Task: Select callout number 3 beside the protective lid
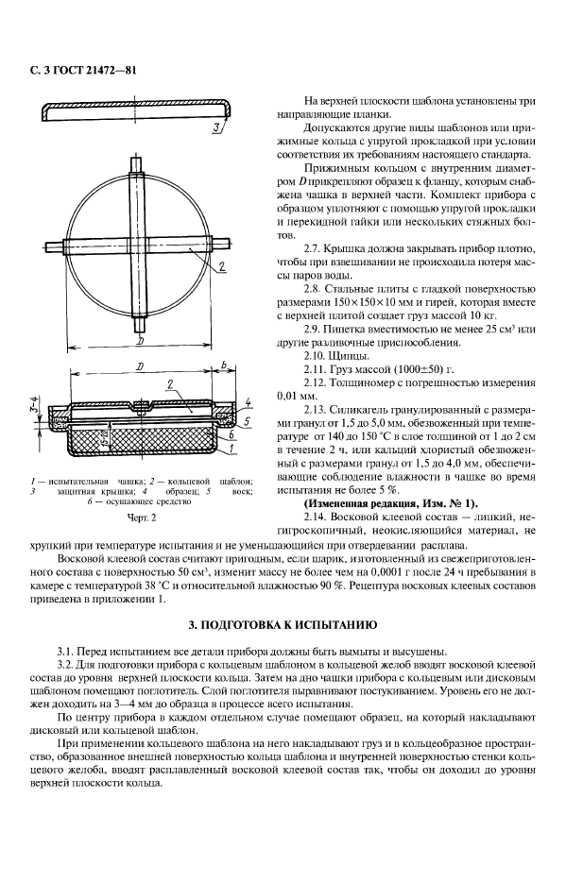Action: (x=217, y=127)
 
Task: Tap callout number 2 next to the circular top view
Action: (x=219, y=267)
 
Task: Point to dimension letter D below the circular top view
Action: (x=140, y=337)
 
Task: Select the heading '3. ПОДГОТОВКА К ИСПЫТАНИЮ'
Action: (x=283, y=625)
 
